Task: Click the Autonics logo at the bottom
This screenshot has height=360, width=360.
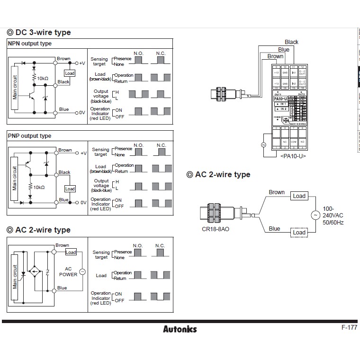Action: coord(180,329)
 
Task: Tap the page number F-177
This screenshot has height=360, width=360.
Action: coord(349,327)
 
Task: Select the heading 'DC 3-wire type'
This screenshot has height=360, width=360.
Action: coord(39,32)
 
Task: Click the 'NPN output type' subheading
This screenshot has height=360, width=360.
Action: coord(30,44)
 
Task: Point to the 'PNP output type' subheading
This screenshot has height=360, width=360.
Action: coord(29,136)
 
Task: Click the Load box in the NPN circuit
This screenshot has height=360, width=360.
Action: coord(70,73)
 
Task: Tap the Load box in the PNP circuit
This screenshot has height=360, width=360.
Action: coord(70,189)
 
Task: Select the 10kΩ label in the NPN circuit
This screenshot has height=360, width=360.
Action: coord(43,78)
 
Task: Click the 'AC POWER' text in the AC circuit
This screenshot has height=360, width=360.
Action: coord(68,271)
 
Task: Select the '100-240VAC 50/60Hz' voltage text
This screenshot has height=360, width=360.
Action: coord(333,216)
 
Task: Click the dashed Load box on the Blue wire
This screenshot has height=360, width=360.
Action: coord(299,233)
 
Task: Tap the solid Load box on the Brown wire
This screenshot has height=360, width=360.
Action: coord(299,196)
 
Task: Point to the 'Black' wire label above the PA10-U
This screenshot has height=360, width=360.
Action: coord(291,42)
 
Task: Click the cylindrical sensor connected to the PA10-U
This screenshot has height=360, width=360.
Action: coord(229,92)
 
